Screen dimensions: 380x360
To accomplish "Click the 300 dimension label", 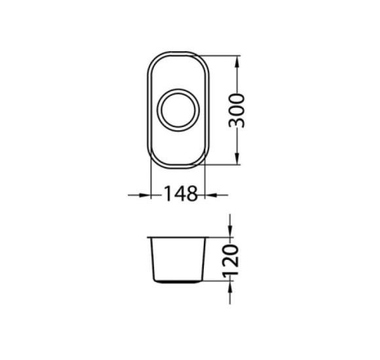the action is pos(237,111).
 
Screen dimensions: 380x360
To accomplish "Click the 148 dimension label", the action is pos(181,194).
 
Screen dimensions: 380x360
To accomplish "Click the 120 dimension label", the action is pos(230,261).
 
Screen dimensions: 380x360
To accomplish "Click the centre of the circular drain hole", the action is pos(178,110).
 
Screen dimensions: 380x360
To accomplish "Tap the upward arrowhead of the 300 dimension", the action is pos(237,62).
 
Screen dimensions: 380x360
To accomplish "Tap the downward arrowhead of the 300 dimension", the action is pos(237,158).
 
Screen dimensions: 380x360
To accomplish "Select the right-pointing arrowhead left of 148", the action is pos(145,195).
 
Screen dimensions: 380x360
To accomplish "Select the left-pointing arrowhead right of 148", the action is pos(211,195).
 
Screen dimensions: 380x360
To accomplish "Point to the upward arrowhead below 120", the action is pos(230,287).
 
